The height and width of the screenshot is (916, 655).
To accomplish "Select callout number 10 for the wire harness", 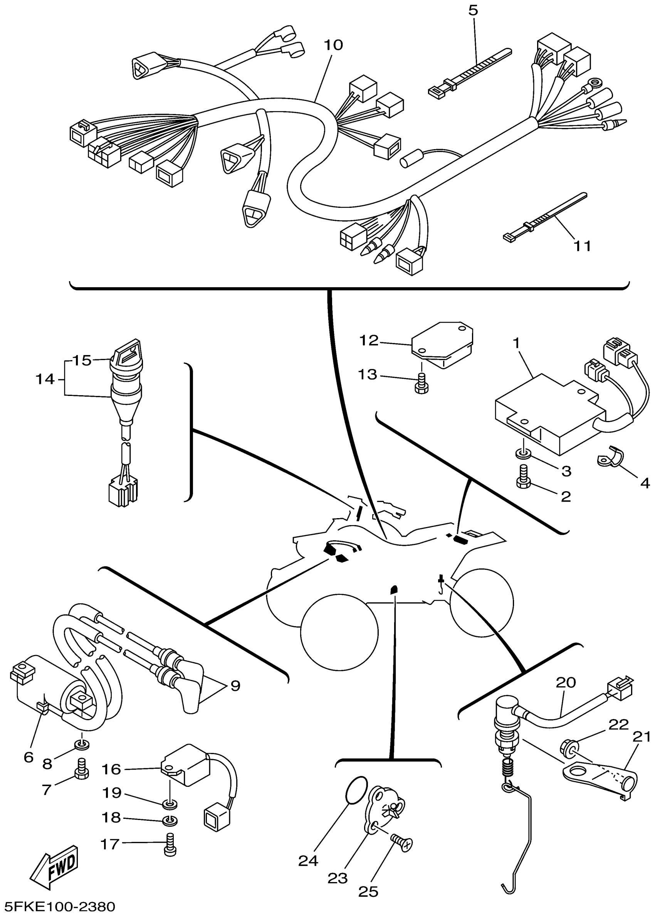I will [333, 45].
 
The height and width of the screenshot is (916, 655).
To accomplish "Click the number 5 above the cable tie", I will [473, 10].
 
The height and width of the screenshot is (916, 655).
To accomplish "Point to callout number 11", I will [582, 246].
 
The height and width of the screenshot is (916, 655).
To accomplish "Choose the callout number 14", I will [45, 379].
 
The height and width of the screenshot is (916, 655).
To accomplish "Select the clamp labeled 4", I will [610, 457].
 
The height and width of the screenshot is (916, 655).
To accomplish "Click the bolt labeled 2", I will [524, 478].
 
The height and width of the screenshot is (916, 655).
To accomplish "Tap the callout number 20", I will [566, 682].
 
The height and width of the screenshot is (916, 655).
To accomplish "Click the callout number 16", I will [111, 769].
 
